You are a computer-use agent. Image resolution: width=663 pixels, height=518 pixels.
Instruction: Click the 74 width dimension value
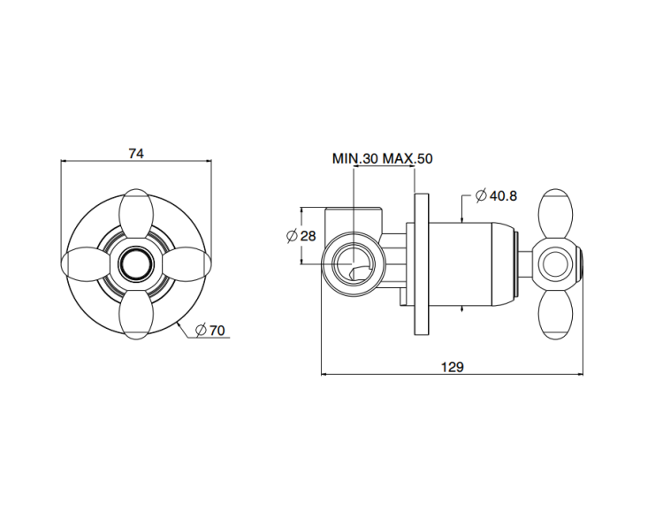(136, 154)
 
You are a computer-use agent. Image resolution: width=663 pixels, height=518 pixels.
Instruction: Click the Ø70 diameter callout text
(210, 331)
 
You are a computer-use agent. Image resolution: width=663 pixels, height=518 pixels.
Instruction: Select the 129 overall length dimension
(453, 367)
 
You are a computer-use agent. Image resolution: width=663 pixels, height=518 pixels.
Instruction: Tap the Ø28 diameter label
(301, 235)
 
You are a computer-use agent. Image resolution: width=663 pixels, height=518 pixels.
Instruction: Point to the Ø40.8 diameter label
(496, 195)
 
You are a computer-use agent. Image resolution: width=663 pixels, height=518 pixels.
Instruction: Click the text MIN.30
(355, 159)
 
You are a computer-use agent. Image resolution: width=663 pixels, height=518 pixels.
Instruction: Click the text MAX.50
(408, 159)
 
